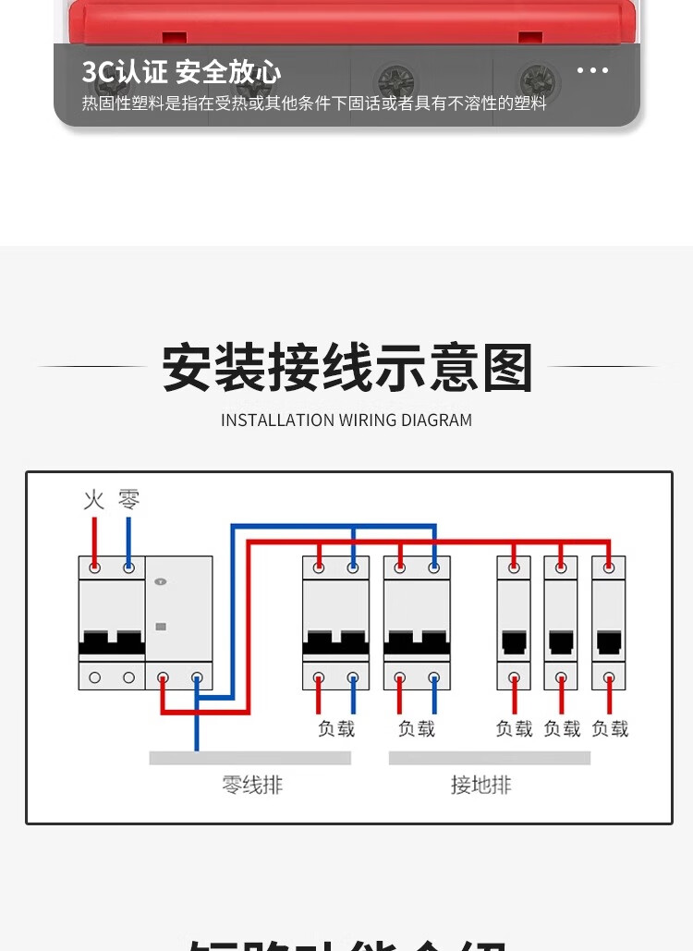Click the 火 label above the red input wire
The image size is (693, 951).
click(94, 501)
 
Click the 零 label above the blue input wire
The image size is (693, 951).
click(128, 501)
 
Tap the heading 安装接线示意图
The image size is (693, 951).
click(347, 368)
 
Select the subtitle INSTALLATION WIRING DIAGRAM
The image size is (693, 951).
click(346, 421)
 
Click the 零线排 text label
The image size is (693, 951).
click(252, 786)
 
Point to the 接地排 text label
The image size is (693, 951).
click(480, 786)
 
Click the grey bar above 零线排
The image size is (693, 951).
click(249, 758)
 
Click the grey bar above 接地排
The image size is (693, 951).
click(489, 758)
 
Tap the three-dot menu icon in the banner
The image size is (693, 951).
click(592, 70)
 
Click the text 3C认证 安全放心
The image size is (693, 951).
click(181, 72)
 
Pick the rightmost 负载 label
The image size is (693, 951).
click(610, 729)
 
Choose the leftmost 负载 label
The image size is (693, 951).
click(336, 729)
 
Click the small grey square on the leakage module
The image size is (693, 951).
click(162, 627)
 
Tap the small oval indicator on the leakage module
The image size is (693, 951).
click(162, 581)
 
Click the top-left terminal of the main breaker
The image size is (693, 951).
click(94, 567)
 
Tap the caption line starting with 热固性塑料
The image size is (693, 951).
click(314, 104)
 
